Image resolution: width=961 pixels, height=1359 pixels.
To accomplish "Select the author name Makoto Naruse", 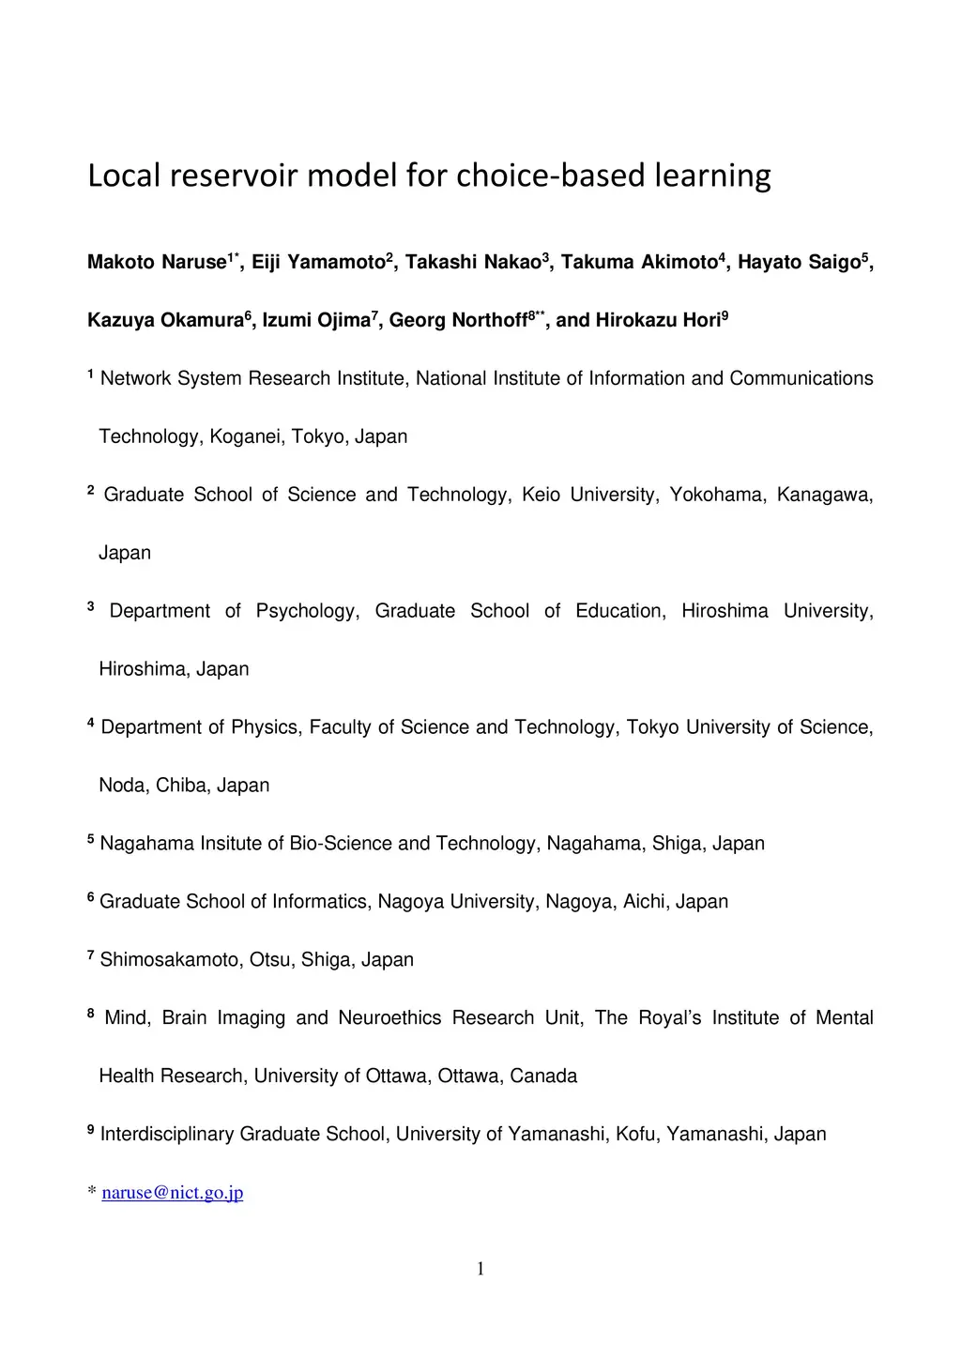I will tap(156, 263).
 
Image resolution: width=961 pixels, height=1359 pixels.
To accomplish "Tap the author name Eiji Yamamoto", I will tap(318, 263).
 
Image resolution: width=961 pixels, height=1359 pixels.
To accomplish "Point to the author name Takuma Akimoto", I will tap(638, 263).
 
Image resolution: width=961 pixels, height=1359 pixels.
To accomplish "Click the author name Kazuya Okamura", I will tap(165, 321).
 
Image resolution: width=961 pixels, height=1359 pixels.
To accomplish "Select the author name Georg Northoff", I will tap(458, 321).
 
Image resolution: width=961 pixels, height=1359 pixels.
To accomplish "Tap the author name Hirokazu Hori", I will tap(657, 321).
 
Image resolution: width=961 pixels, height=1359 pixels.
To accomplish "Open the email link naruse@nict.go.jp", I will tap(173, 1193).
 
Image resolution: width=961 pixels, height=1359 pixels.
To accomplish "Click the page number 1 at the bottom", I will tap(480, 1270).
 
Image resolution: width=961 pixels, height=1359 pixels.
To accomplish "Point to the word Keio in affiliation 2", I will tap(541, 496).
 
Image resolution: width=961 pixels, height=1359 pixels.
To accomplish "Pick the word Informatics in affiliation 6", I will tap(319, 902).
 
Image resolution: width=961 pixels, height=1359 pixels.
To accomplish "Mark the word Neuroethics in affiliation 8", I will tap(389, 1018).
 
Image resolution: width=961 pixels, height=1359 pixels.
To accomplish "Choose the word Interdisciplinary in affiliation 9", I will tap(166, 1135).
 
